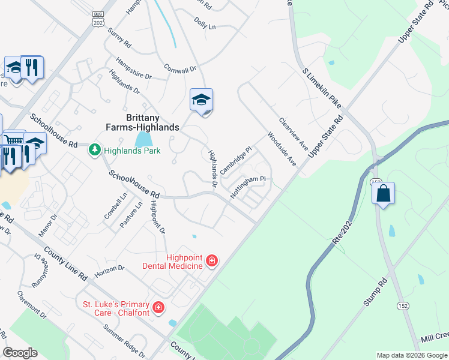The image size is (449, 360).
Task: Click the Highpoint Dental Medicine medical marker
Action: click(211, 260)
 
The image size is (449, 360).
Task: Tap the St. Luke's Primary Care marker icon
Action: click(158, 308)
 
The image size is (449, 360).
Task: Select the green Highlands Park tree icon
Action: click(94, 149)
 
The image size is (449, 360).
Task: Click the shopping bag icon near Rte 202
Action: click(383, 194)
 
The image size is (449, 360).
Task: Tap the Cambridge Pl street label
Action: click(235, 160)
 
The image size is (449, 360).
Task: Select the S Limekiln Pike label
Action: click(322, 88)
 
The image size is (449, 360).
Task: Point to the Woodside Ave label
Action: click(282, 149)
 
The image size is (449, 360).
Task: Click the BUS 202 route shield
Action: click(97, 18)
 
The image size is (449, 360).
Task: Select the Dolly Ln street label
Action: click(205, 23)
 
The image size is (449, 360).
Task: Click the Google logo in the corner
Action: click(20, 353)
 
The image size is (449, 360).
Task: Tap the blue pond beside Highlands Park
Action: click(143, 140)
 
